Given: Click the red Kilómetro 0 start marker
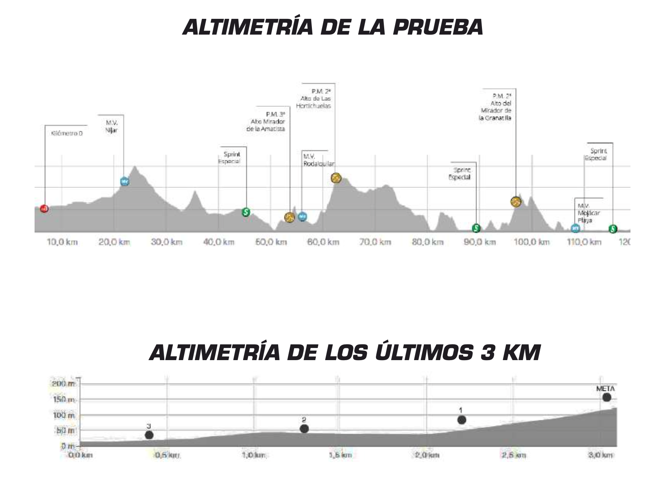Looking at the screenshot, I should coord(44,209).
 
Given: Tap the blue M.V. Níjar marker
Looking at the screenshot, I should coord(125,182).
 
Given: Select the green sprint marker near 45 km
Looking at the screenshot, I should coord(246,212).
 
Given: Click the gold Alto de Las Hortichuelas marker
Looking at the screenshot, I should coord(335,178).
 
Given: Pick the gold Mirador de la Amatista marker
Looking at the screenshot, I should coord(290,217).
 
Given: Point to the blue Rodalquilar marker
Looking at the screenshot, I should coord(302,217).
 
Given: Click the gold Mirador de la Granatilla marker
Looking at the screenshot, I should coord(516,202).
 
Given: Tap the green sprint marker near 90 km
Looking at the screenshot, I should coord(476,228).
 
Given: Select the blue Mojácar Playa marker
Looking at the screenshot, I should coord(575,228).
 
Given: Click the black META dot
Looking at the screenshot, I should coord(607,397).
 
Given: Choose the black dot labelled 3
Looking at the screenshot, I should coord(149,435).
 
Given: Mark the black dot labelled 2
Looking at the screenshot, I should coord(304,429).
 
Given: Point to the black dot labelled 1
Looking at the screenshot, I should coord(462,420).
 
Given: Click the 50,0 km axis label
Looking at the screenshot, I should coord(271,242).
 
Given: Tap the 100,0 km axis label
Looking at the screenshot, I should coord(531,242).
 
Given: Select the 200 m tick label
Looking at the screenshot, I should coord(64,384).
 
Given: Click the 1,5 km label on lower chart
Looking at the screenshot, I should coord(341,455).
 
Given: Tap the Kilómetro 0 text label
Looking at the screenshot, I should coord(67,133).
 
